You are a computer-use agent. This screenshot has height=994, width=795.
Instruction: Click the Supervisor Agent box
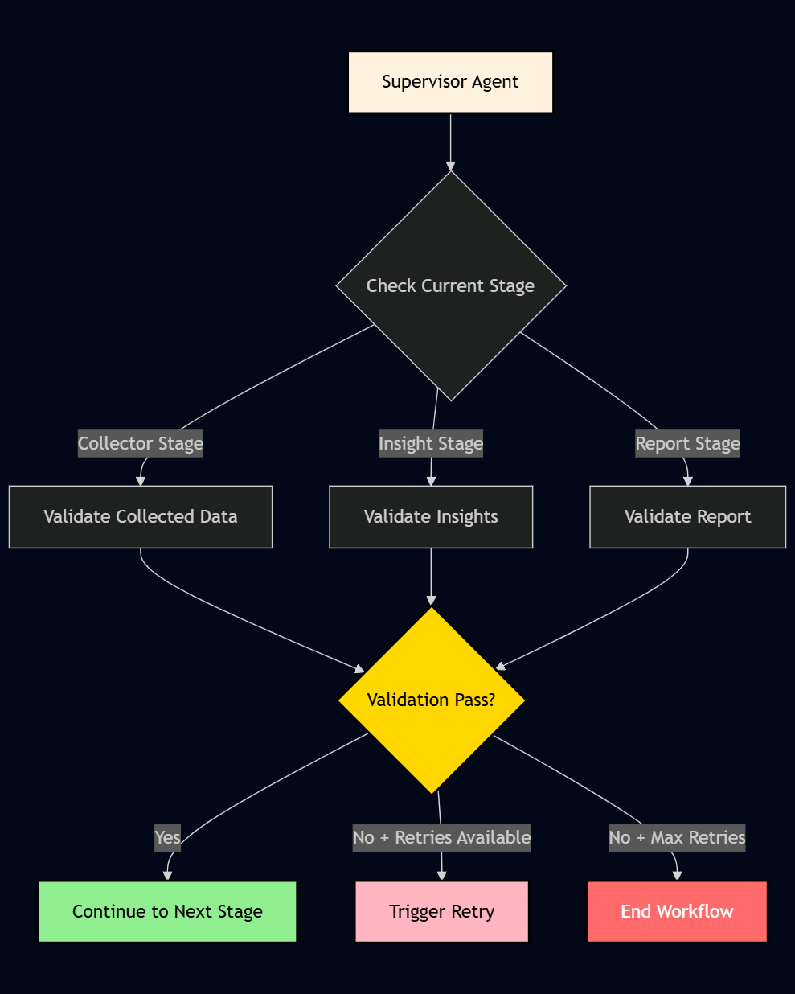(450, 82)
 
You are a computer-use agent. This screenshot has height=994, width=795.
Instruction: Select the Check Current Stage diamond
(451, 285)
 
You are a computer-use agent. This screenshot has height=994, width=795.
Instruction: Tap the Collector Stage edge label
(141, 443)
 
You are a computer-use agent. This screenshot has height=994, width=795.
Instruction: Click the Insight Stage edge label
(431, 443)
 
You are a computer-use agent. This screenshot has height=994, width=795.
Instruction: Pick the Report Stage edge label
(687, 443)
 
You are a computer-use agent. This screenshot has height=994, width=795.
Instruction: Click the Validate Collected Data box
(141, 516)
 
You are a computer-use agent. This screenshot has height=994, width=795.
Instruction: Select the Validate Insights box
(431, 516)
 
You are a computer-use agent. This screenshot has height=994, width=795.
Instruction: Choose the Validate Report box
(687, 516)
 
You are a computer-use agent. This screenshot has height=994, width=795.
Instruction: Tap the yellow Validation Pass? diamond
(432, 700)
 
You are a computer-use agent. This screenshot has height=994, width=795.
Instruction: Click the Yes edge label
(167, 837)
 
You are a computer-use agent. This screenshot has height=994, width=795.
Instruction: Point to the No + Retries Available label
(441, 837)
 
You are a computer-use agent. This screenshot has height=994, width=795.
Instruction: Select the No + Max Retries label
(677, 837)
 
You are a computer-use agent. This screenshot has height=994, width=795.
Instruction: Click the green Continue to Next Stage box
(167, 911)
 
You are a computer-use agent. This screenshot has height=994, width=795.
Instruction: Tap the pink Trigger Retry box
(441, 911)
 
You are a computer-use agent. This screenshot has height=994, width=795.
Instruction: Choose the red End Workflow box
(677, 911)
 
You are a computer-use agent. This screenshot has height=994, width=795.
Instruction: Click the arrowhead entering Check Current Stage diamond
(451, 165)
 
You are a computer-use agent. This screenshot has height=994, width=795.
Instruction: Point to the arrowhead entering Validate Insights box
(431, 481)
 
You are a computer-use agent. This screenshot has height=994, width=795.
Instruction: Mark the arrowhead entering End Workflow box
(677, 876)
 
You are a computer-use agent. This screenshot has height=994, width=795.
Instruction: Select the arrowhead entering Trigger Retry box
(441, 876)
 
